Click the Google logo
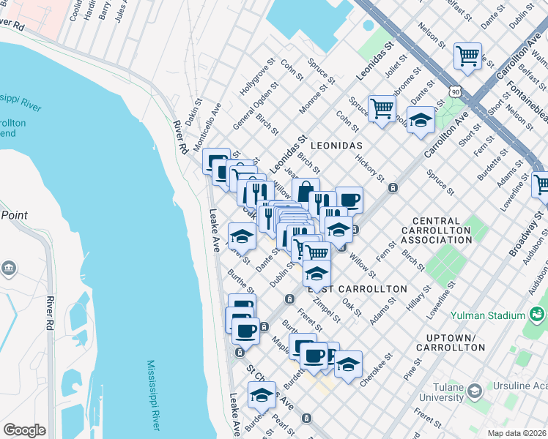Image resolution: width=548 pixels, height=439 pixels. point(24,430)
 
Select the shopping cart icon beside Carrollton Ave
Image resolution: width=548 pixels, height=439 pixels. point(467,56)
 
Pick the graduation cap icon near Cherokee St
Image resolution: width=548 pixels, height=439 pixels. point(349,364)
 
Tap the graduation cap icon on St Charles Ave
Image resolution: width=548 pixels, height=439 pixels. point(262,394)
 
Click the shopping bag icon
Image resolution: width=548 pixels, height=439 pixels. point(306,192)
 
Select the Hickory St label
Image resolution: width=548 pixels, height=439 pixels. point(369,168)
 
